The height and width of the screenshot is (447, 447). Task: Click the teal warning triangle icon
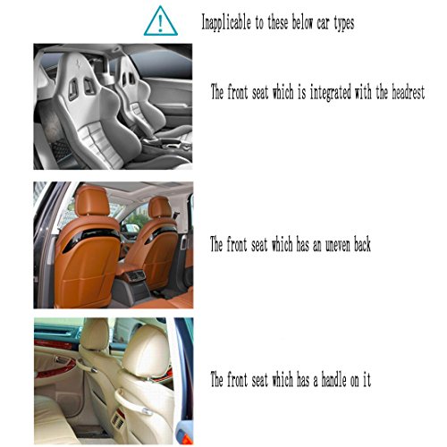pos(161,21)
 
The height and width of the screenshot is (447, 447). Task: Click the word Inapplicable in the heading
pos(226,22)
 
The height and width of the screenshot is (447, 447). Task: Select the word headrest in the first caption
pos(408,92)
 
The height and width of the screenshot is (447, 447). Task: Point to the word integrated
pos(331,92)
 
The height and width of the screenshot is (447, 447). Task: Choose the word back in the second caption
pos(362,244)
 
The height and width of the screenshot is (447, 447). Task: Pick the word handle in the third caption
pos(334,379)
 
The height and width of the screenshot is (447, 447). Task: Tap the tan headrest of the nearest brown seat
pos(91,200)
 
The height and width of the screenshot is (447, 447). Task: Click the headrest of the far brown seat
pos(160,207)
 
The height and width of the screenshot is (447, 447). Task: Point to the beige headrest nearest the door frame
pos(146,351)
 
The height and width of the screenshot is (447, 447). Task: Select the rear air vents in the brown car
pos(135,275)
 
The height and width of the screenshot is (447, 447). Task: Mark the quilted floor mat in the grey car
pos(61,150)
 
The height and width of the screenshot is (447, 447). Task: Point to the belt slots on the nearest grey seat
pos(81,88)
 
